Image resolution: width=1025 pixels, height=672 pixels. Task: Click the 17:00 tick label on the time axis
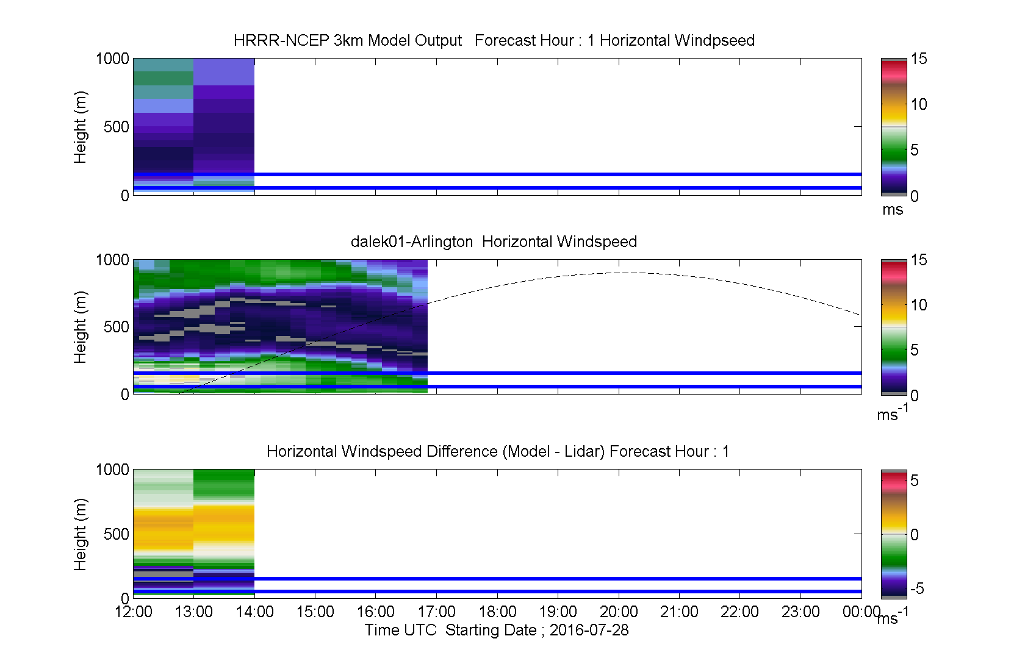(x=436, y=612)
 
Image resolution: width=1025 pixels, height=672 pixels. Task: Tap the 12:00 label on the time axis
(x=133, y=612)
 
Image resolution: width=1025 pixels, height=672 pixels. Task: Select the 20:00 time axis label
(x=619, y=612)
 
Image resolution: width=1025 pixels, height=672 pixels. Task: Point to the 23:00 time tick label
(x=800, y=612)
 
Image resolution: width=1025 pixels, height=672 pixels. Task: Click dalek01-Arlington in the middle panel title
(x=412, y=241)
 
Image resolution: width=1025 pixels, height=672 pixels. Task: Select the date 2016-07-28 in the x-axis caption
(x=589, y=630)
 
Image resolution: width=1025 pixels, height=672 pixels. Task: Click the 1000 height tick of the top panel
(x=112, y=59)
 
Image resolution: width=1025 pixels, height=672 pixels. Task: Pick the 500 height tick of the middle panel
(x=116, y=327)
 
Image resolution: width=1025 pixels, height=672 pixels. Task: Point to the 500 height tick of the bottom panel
(x=116, y=534)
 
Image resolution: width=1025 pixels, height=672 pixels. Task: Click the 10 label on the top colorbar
(x=919, y=104)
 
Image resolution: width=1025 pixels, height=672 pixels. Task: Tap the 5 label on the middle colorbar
(x=915, y=350)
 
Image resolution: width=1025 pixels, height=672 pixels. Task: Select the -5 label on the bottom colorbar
(x=917, y=588)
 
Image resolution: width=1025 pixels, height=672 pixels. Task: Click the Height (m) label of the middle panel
(x=80, y=327)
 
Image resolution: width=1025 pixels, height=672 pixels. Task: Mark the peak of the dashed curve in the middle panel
(x=629, y=273)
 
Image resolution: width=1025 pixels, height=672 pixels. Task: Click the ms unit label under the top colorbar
(x=892, y=210)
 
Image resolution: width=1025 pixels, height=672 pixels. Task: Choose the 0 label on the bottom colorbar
(x=915, y=534)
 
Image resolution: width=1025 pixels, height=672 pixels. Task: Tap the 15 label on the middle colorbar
(x=919, y=260)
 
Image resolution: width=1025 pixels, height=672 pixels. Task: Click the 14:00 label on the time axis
(x=254, y=612)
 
